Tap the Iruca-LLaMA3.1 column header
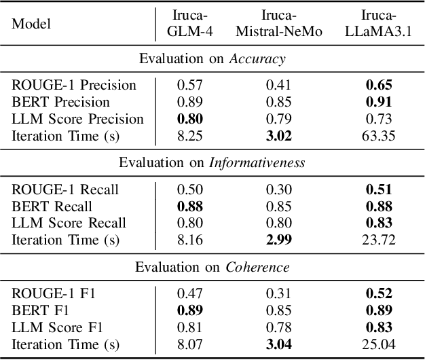pos(379,24)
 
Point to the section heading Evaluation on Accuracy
pos(212,59)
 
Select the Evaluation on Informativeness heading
pos(212,163)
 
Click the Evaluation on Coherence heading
pos(212,267)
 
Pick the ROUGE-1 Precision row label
pos(74,85)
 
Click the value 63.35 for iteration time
pos(379,136)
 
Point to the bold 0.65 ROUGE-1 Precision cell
pos(379,85)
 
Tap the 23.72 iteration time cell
pos(379,240)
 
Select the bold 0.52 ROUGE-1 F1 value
pos(379,293)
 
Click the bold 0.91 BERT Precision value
pos(379,102)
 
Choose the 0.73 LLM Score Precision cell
pos(379,119)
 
